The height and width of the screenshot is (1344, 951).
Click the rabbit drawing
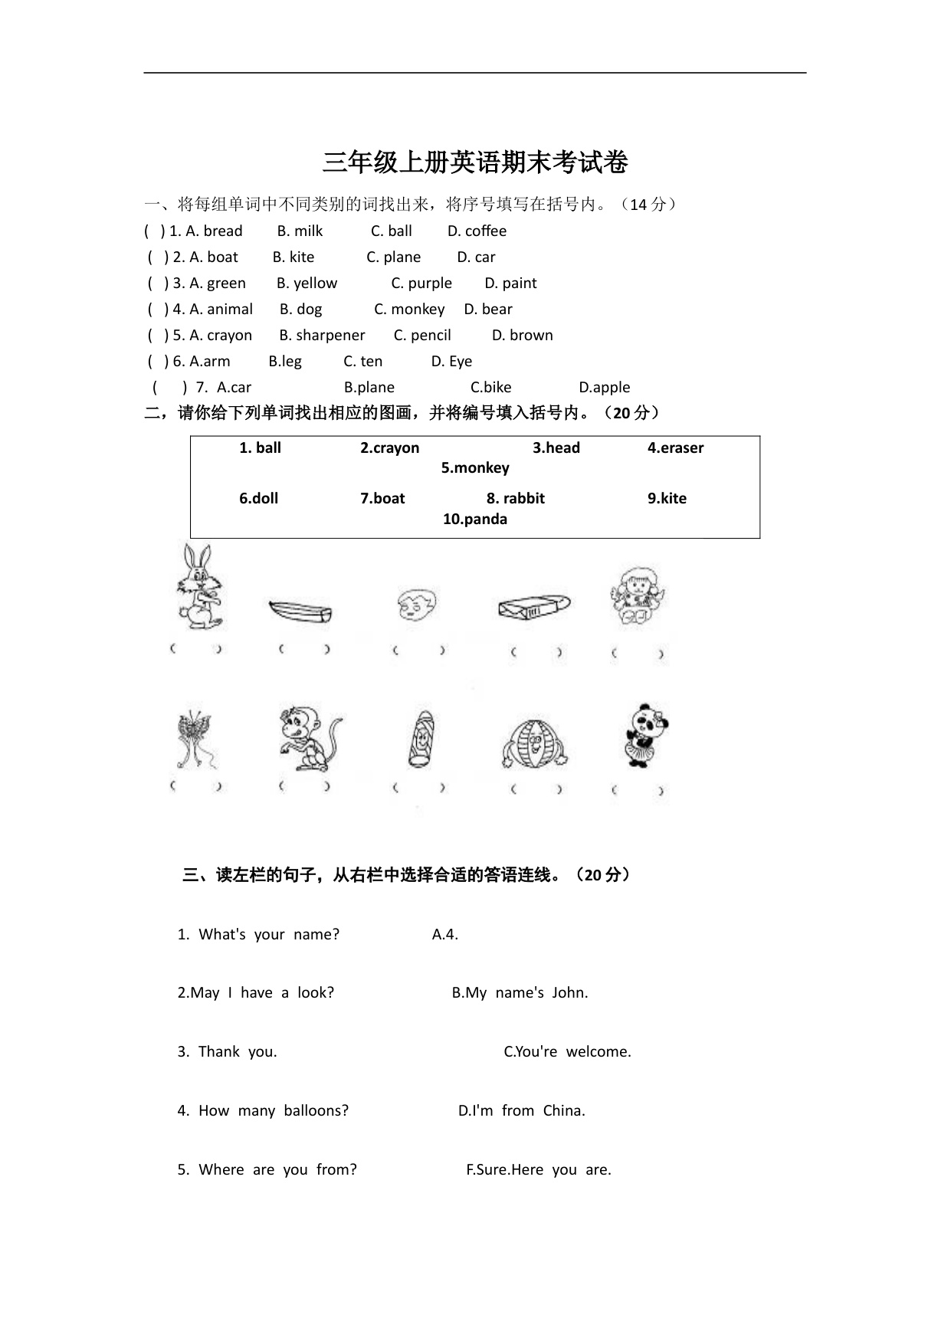coord(200,587)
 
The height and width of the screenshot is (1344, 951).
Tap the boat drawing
coord(300,611)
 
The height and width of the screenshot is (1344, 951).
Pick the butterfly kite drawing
coord(195,740)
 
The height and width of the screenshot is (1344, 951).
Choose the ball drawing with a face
coord(534,743)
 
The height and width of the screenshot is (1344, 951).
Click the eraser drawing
coord(533,607)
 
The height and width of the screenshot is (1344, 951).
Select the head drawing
coord(417,605)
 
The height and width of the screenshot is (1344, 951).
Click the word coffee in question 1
coord(485,231)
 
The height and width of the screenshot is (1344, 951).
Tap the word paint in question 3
coord(519,284)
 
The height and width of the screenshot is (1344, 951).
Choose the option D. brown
coord(522,336)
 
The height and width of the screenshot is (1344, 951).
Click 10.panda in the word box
coord(475,520)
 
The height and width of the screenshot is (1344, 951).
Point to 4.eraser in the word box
coord(675,448)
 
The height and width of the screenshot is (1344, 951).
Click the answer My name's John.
coord(520,993)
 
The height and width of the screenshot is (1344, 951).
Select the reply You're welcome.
coord(568,1052)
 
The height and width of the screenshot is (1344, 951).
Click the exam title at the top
coord(475,162)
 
